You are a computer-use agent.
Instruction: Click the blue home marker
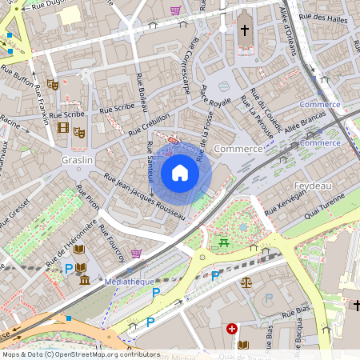coord(180,173)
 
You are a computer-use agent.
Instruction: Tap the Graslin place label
coord(78,160)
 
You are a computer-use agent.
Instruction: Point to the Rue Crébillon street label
coord(150,123)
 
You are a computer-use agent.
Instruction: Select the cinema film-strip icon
coord(63,126)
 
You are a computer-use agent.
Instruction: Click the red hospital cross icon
coord(232,329)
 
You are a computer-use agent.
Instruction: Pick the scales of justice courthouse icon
coord(246,282)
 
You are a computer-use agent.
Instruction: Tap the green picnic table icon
coord(223,242)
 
